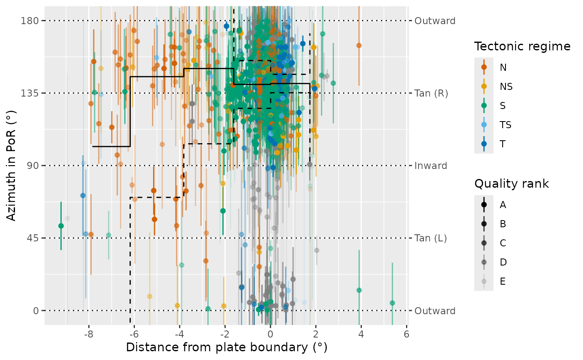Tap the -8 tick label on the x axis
(88, 334)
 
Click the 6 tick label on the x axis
(406, 334)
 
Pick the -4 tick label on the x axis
(179, 334)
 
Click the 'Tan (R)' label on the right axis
(431, 94)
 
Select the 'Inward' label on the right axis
(431, 166)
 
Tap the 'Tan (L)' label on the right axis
(431, 238)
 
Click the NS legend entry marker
(484, 87)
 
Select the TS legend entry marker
(484, 125)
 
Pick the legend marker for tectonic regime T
(484, 144)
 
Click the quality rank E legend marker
(484, 281)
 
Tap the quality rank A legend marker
(484, 205)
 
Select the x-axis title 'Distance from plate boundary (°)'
(227, 348)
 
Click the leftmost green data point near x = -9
(61, 226)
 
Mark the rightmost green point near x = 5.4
(392, 303)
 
